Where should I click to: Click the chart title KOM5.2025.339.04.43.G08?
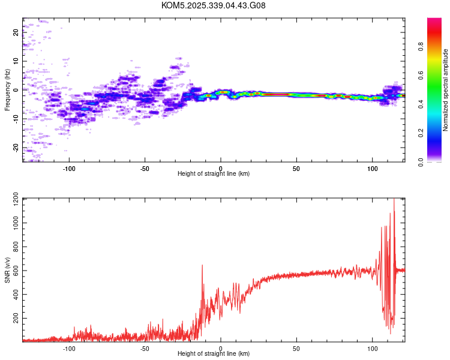(214, 5)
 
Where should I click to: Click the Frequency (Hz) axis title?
(7, 89)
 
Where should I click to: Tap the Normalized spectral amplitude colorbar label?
(445, 90)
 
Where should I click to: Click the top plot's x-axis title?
(214, 173)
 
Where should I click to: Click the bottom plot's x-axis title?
(214, 353)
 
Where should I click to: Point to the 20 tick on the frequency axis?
(16, 32)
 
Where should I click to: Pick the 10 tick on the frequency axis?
(16, 61)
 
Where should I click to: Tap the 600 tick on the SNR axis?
(14, 271)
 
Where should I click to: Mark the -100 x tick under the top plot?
(69, 168)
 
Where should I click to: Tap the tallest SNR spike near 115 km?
(394, 199)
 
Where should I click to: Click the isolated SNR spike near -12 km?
(202, 265)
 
